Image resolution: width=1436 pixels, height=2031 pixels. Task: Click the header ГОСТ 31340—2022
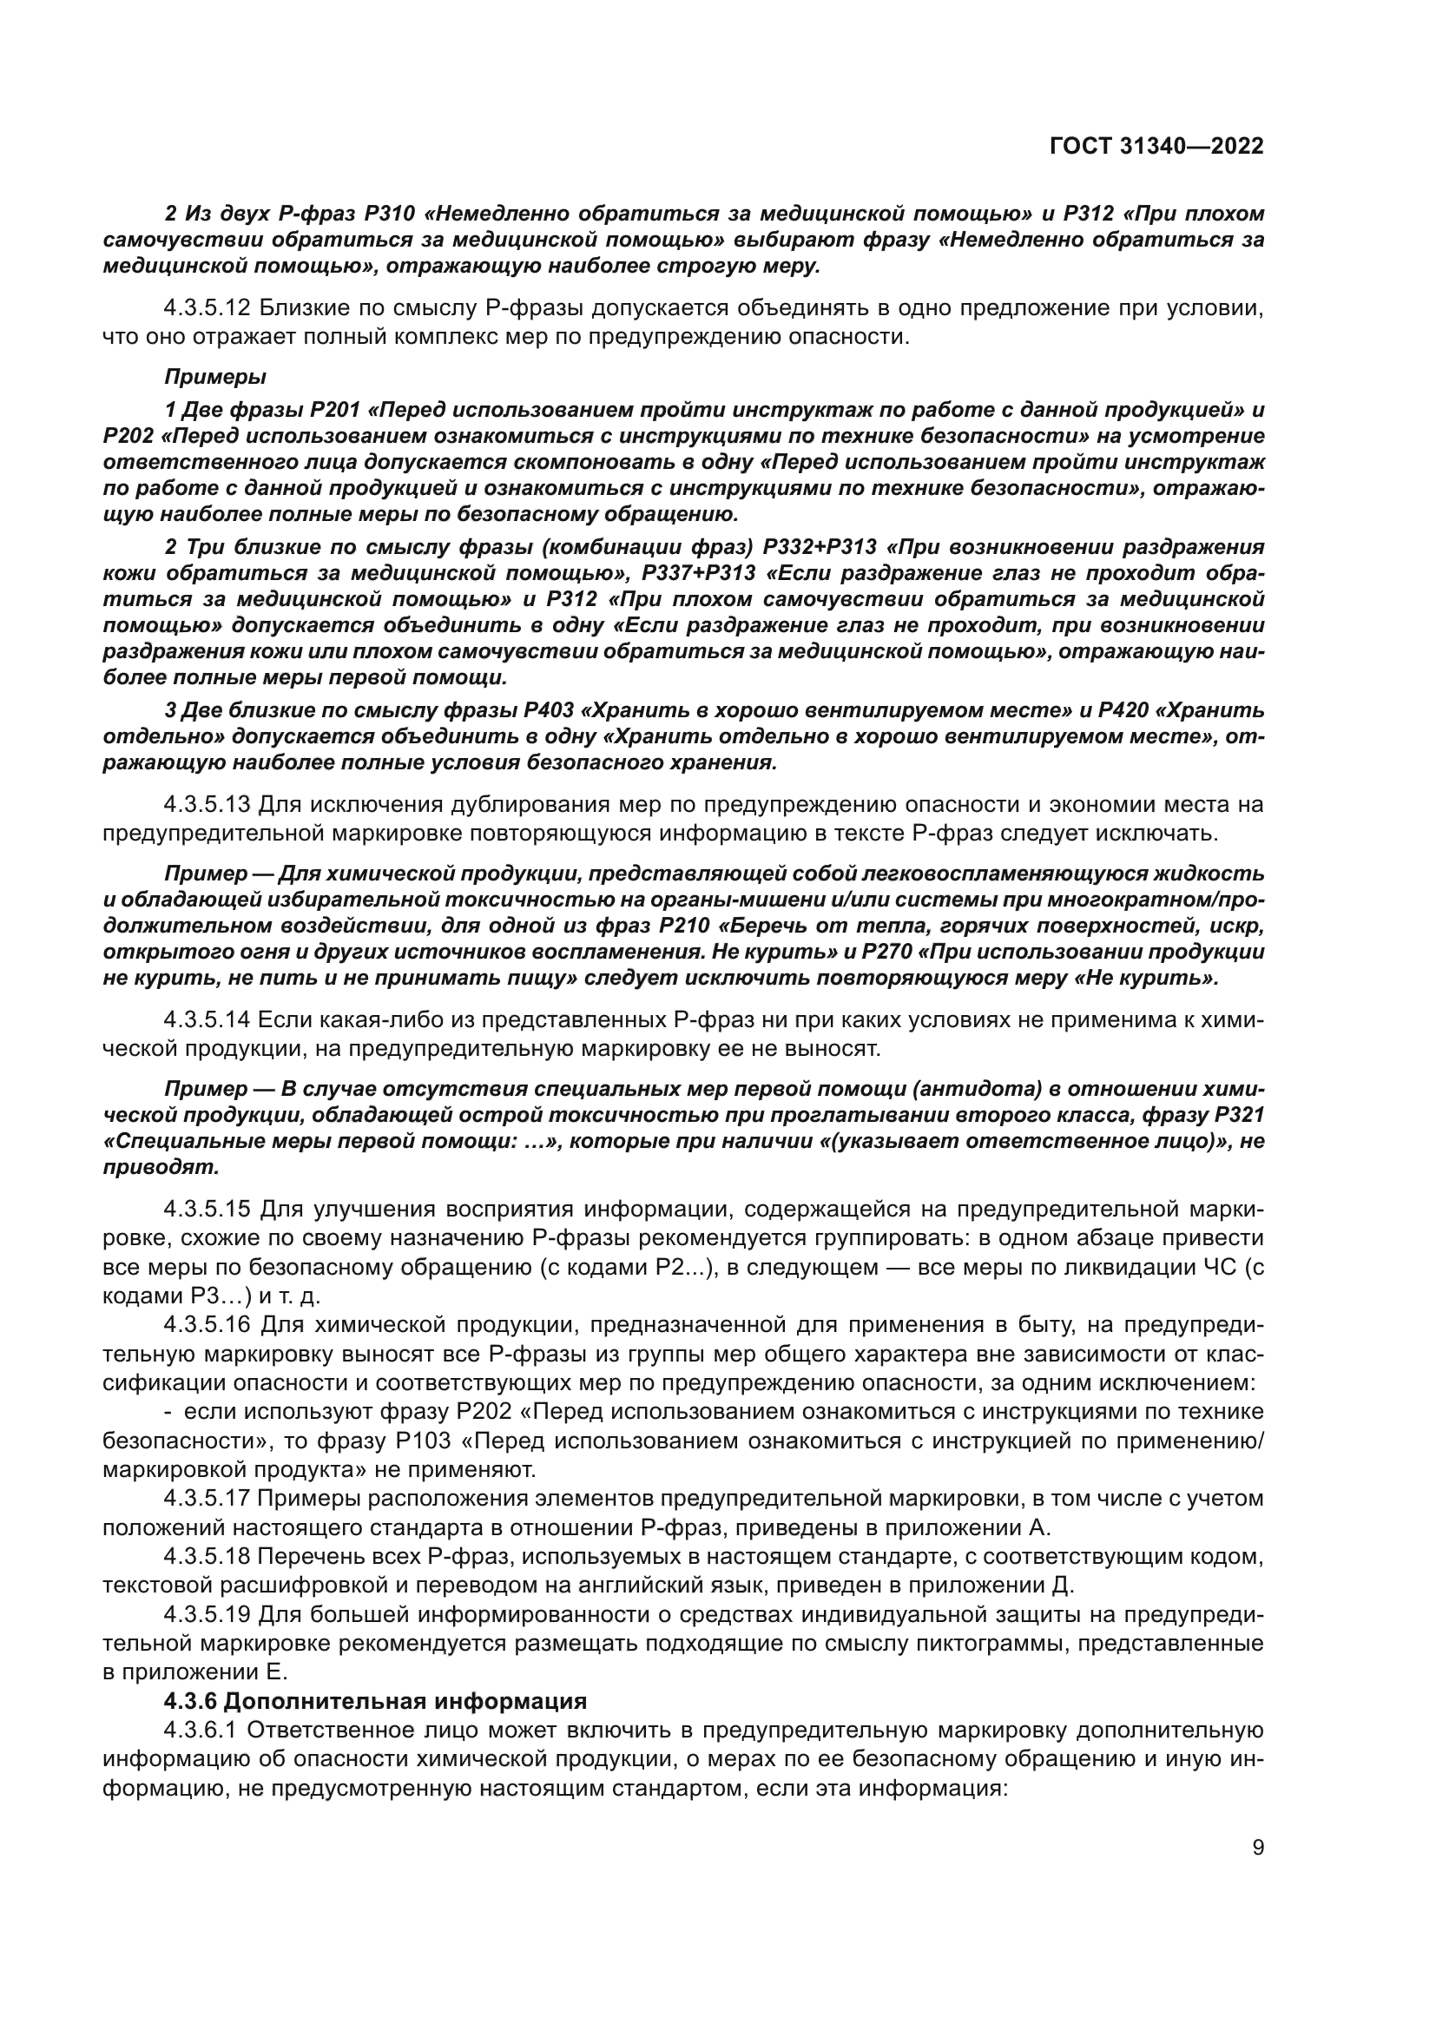[x=1156, y=147]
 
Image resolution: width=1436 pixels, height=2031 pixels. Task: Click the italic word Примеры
[x=214, y=377]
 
